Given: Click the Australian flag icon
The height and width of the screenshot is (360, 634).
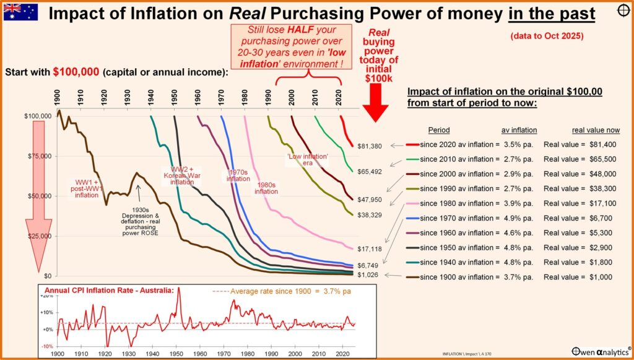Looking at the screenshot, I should tap(20, 12).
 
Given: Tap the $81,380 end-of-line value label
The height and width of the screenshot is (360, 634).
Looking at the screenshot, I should tap(370, 146).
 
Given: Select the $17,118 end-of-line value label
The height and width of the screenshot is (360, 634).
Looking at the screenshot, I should tap(370, 248).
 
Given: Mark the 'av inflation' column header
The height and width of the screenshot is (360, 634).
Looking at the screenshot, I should tap(519, 131).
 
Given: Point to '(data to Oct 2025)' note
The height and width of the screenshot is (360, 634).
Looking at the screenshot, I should tap(547, 37).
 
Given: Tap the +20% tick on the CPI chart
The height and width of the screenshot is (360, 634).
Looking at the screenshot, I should tap(45, 297).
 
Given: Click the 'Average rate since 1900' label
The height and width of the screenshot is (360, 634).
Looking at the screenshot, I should tap(280, 291).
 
